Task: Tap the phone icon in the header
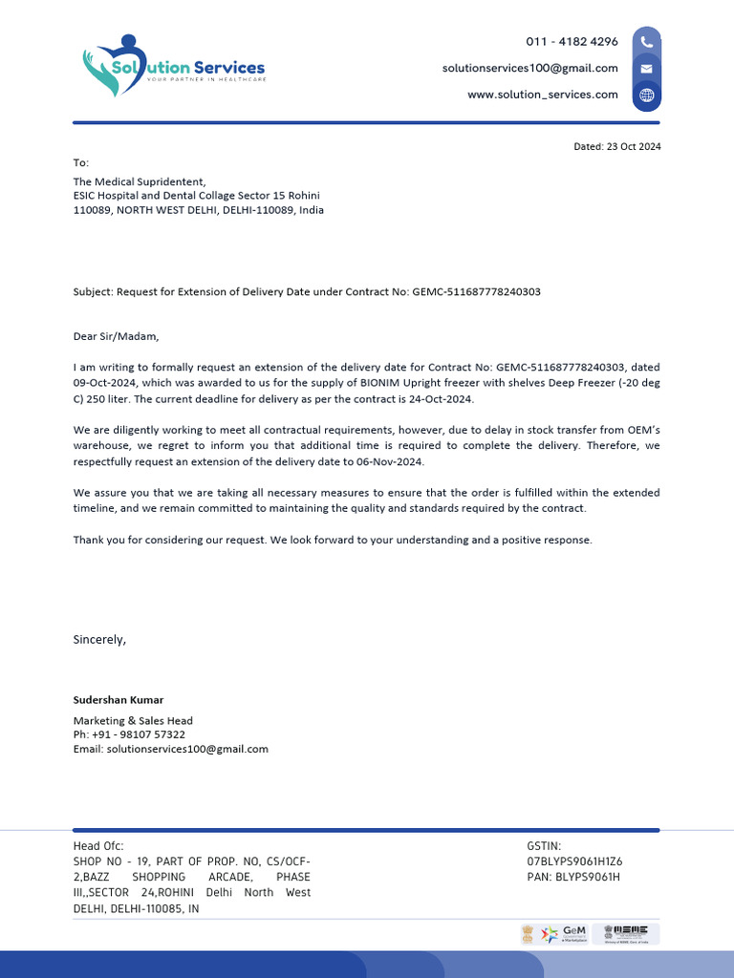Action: click(647, 42)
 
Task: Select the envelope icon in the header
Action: click(647, 69)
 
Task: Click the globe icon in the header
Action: click(647, 95)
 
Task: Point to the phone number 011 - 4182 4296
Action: click(572, 42)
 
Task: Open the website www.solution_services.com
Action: click(542, 95)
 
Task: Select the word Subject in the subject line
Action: click(92, 291)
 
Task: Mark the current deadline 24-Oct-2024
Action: click(439, 399)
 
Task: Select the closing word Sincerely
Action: click(99, 639)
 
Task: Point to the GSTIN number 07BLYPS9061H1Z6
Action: click(574, 861)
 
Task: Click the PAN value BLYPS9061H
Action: click(588, 876)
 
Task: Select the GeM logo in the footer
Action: click(573, 932)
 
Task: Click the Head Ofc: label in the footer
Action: click(98, 846)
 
